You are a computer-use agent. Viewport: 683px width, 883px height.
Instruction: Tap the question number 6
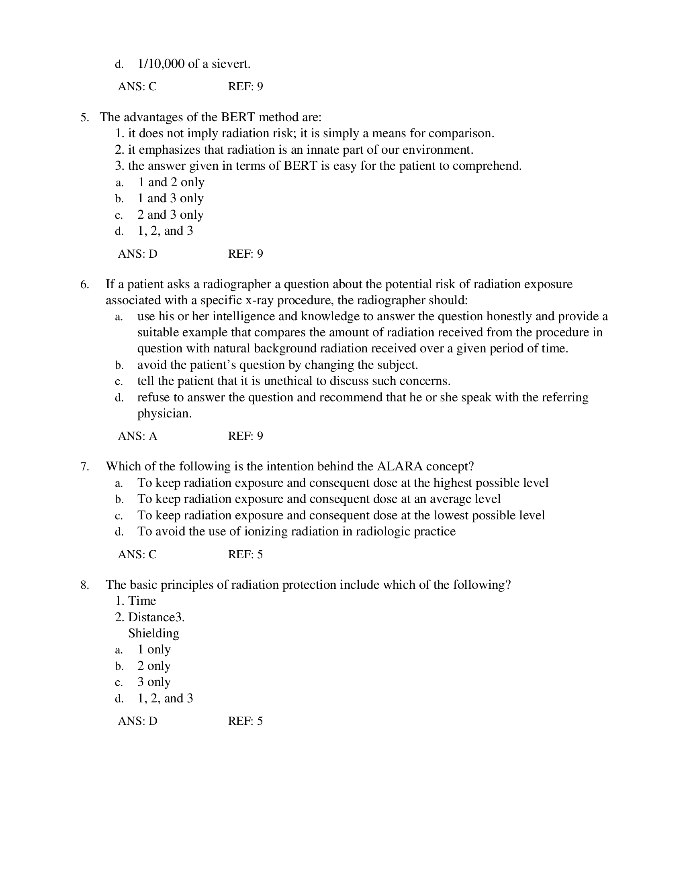click(x=84, y=285)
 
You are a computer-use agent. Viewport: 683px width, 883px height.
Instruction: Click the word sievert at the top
click(x=231, y=64)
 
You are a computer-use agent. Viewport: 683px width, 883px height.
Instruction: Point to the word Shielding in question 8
click(x=153, y=633)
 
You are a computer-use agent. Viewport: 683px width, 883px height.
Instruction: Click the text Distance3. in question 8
click(x=156, y=617)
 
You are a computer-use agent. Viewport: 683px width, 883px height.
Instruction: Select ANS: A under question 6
click(x=137, y=436)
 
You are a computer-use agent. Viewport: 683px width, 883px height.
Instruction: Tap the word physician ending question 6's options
click(x=164, y=413)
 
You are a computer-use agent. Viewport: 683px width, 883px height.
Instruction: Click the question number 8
click(x=84, y=585)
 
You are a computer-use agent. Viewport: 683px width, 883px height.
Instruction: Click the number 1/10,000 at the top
click(x=161, y=64)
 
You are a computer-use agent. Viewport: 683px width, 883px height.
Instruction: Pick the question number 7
click(x=84, y=467)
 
